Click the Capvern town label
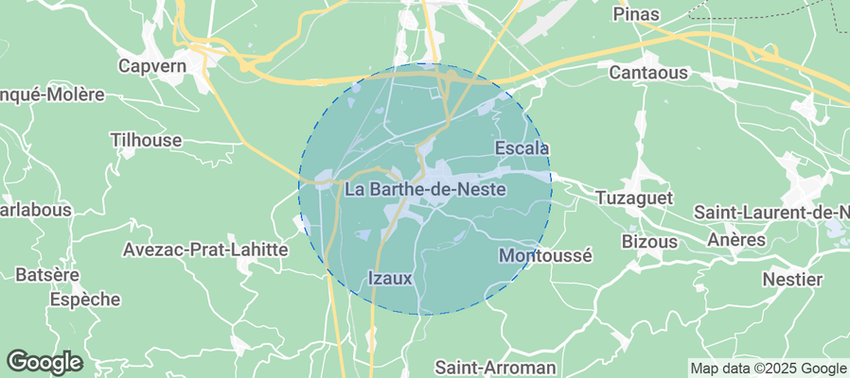151,65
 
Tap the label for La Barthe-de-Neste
425,190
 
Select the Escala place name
522,148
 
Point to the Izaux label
389,278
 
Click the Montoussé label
544,255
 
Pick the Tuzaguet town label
633,198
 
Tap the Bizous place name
649,241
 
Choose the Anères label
736,240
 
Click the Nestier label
793,280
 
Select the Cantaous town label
648,73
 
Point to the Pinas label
636,14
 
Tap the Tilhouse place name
146,140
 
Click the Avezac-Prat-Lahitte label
205,249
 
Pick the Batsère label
46,275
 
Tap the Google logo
44,362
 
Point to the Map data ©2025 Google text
769,369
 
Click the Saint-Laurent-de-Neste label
770,213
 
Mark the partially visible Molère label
51,95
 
